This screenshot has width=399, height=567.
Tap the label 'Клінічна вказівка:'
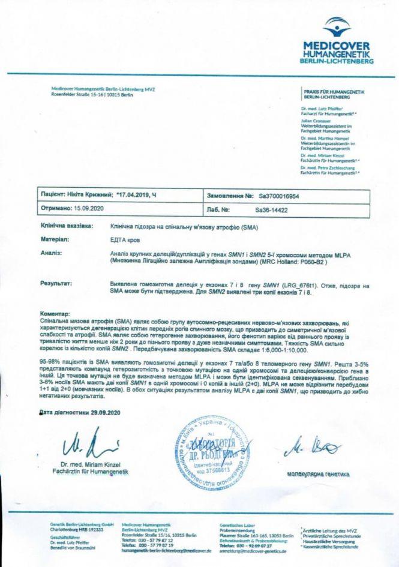pyautogui.click(x=67, y=227)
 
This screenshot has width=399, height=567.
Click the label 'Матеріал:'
pyautogui.click(x=55, y=239)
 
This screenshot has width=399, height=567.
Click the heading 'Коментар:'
pyautogui.click(x=55, y=313)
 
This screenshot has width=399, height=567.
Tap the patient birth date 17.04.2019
pyautogui.click(x=137, y=196)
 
